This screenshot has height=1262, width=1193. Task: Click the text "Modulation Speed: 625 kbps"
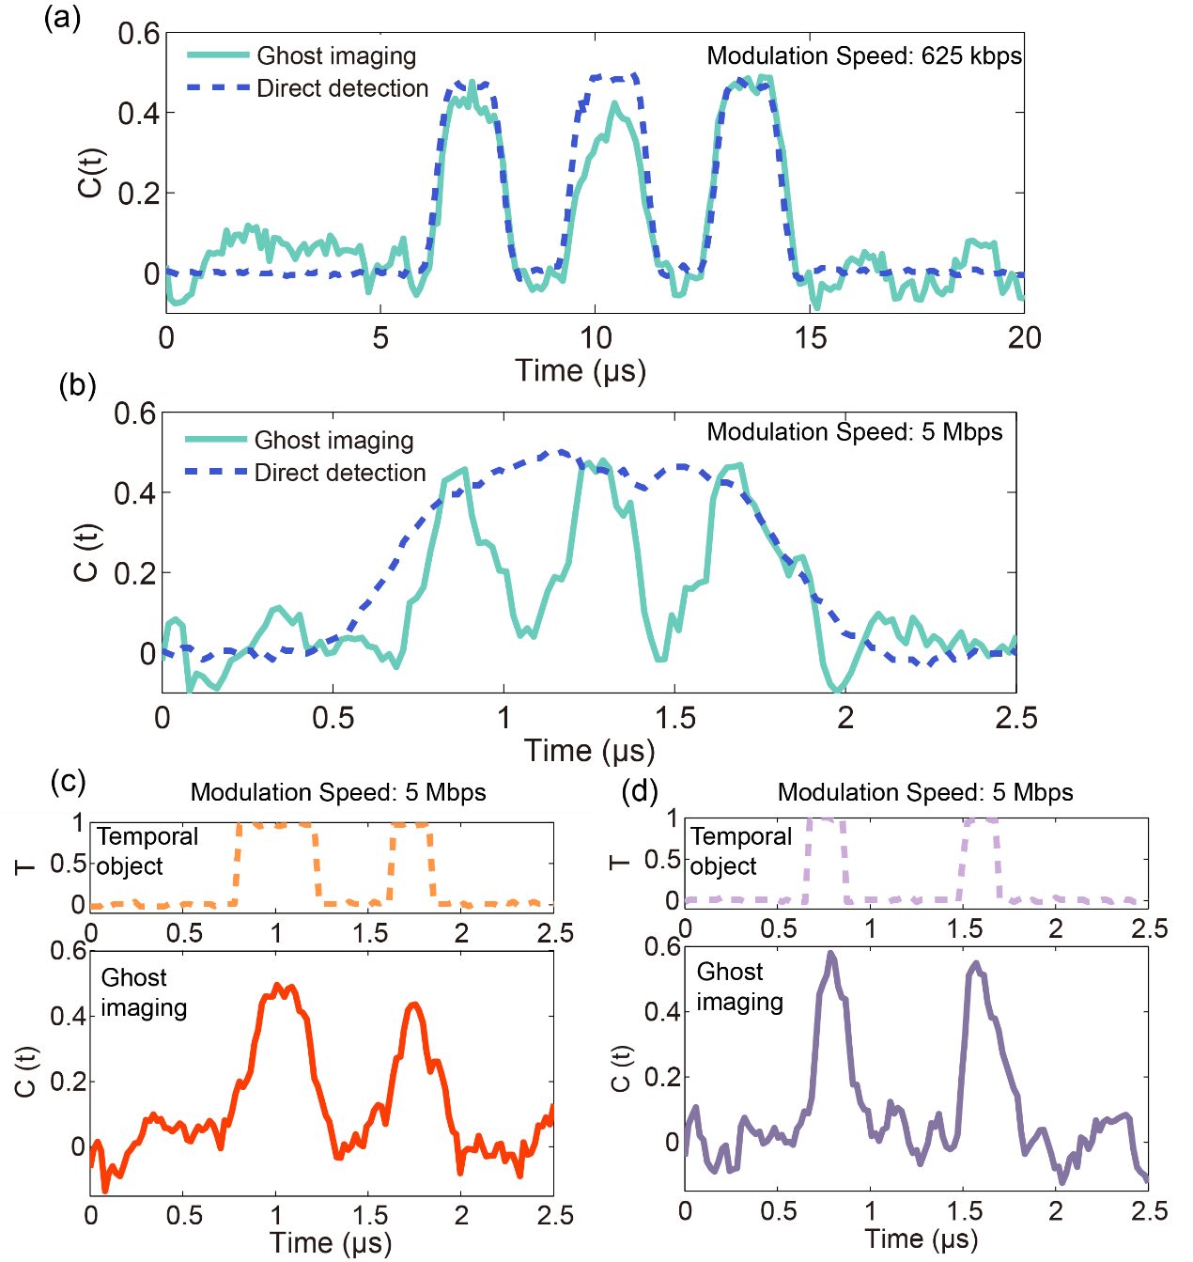tap(864, 55)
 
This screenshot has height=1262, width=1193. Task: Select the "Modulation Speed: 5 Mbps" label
tap(855, 431)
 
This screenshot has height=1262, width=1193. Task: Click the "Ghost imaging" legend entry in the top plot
tap(336, 56)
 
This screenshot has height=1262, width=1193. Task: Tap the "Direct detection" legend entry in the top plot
tap(342, 88)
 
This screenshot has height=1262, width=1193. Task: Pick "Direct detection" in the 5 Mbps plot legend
tap(340, 473)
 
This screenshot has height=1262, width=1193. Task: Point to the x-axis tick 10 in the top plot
tap(595, 338)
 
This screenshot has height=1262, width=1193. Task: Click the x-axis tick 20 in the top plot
tap(1023, 338)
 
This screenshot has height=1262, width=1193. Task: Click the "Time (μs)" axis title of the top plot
tap(581, 370)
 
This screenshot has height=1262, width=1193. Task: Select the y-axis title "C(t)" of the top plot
tap(90, 173)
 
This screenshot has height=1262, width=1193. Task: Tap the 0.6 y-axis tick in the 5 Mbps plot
tap(134, 413)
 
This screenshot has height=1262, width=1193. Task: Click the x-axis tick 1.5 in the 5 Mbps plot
tap(674, 719)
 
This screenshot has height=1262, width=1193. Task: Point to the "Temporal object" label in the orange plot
tap(147, 851)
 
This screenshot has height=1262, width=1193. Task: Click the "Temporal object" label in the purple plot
tap(740, 851)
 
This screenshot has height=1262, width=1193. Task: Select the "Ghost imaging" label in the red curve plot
tap(144, 992)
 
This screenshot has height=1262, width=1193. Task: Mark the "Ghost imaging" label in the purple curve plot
tap(739, 987)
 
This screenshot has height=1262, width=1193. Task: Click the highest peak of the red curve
tap(277, 986)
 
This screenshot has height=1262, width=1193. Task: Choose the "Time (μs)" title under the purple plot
tap(921, 1239)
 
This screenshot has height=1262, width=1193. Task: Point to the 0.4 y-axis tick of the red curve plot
tap(67, 1016)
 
